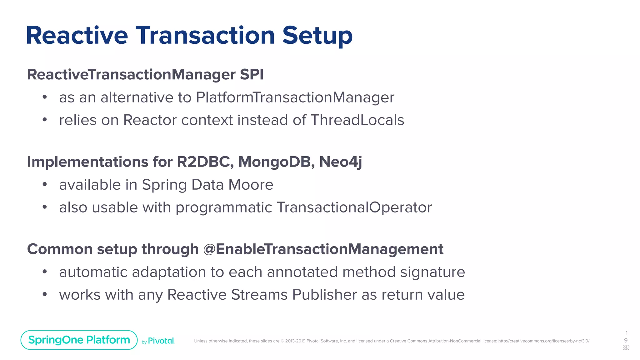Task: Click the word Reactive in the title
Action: (77, 35)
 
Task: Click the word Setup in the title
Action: (317, 35)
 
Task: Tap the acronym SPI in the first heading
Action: (252, 74)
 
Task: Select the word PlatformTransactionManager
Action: (295, 97)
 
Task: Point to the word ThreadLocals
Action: (357, 120)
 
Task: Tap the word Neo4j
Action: (340, 162)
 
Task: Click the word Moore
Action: (251, 185)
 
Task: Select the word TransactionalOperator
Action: (354, 207)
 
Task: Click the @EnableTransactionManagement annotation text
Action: (323, 249)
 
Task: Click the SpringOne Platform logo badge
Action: (79, 340)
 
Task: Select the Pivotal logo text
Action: (161, 341)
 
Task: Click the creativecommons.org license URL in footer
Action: (543, 341)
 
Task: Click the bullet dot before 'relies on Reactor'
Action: (45, 120)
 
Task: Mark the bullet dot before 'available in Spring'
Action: (45, 184)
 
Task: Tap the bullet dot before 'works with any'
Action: (45, 294)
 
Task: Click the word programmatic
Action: (224, 207)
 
